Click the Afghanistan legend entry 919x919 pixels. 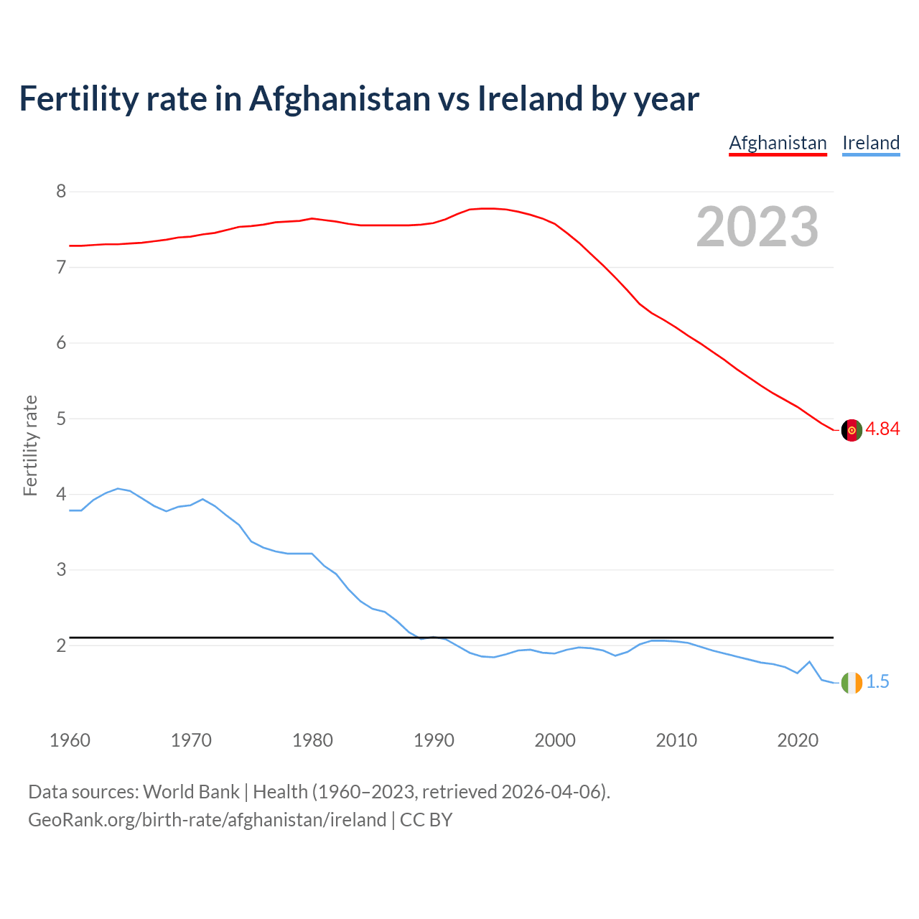(778, 143)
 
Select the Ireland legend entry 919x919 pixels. (870, 143)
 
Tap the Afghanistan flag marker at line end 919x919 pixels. (851, 430)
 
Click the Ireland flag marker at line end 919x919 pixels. (851, 683)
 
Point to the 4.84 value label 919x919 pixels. (882, 429)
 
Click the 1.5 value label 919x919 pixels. (877, 682)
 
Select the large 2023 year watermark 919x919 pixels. (757, 227)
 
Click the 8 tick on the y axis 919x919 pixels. (61, 192)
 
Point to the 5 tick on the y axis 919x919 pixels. (61, 419)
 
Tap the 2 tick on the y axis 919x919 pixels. (61, 645)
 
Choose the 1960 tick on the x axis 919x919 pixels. (70, 740)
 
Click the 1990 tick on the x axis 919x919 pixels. (434, 740)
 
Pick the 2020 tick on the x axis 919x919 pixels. (797, 740)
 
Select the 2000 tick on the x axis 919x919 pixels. (555, 740)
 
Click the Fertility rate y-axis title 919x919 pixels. (30, 445)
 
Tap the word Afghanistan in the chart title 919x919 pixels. (340, 99)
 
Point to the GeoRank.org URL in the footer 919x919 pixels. (207, 820)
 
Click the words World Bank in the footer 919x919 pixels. (191, 792)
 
